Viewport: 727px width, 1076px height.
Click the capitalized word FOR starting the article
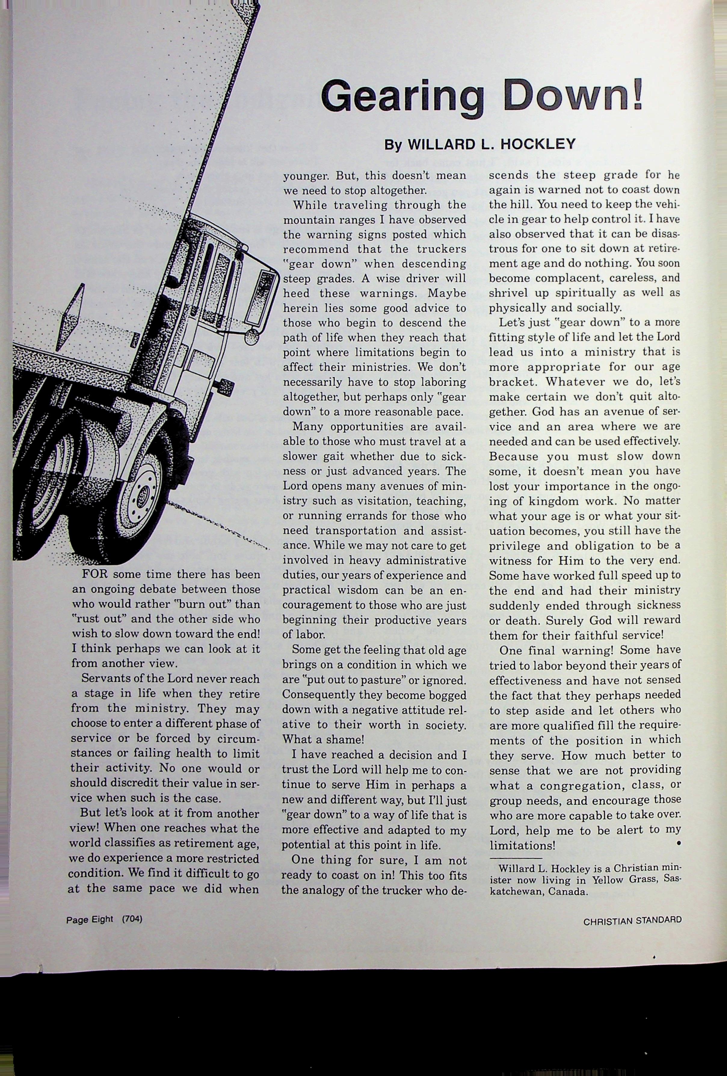click(x=95, y=575)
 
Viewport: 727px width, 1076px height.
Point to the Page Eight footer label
click(x=89, y=920)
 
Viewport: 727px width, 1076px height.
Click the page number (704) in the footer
click(x=132, y=919)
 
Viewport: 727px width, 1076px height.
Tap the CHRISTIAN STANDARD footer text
click(x=632, y=921)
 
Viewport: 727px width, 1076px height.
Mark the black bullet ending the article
click(x=678, y=844)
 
